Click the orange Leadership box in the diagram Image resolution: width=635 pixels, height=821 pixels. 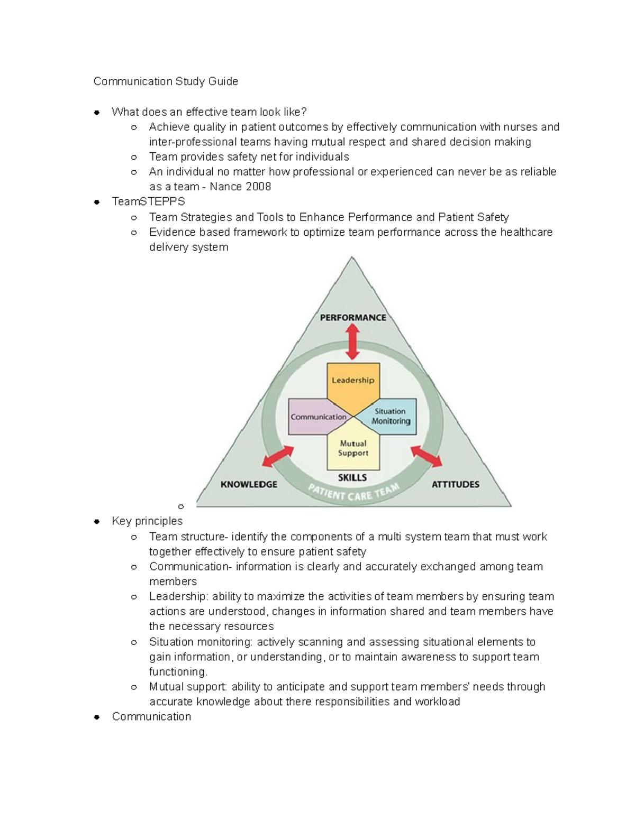[353, 381]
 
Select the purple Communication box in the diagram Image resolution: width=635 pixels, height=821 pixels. [317, 417]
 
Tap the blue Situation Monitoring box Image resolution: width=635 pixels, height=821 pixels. [391, 417]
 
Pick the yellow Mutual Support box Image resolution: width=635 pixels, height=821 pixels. [353, 448]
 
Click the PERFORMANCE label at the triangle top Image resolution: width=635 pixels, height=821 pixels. [353, 318]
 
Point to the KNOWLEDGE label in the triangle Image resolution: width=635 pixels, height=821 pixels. [249, 484]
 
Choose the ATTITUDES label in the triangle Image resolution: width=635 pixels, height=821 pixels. [456, 484]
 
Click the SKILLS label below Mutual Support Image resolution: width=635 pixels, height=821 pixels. [352, 478]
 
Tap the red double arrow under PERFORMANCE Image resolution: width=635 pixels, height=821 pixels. [353, 342]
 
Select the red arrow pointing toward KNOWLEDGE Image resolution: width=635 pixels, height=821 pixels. [278, 456]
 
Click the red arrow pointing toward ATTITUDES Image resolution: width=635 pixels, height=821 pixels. [427, 456]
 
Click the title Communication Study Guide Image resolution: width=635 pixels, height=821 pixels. [166, 81]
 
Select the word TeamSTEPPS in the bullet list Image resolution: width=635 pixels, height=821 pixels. [148, 201]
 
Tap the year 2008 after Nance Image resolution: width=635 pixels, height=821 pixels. [258, 187]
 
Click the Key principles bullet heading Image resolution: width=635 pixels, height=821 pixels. [147, 521]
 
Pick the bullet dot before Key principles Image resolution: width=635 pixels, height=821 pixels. [97, 522]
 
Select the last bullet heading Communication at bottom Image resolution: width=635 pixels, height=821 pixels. [151, 717]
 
